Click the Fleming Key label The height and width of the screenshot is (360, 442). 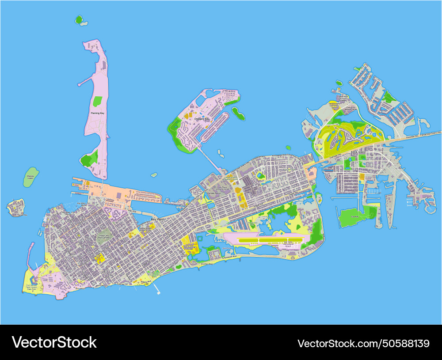tap(97, 114)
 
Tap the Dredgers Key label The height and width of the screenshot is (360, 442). tap(202, 119)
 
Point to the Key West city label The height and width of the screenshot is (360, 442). tap(157, 219)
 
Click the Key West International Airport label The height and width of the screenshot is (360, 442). tap(290, 244)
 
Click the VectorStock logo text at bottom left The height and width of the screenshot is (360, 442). tap(54, 342)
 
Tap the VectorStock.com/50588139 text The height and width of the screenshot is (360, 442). tap(363, 343)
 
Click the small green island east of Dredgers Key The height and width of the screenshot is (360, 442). tap(239, 114)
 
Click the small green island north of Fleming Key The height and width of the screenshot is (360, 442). tap(79, 19)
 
